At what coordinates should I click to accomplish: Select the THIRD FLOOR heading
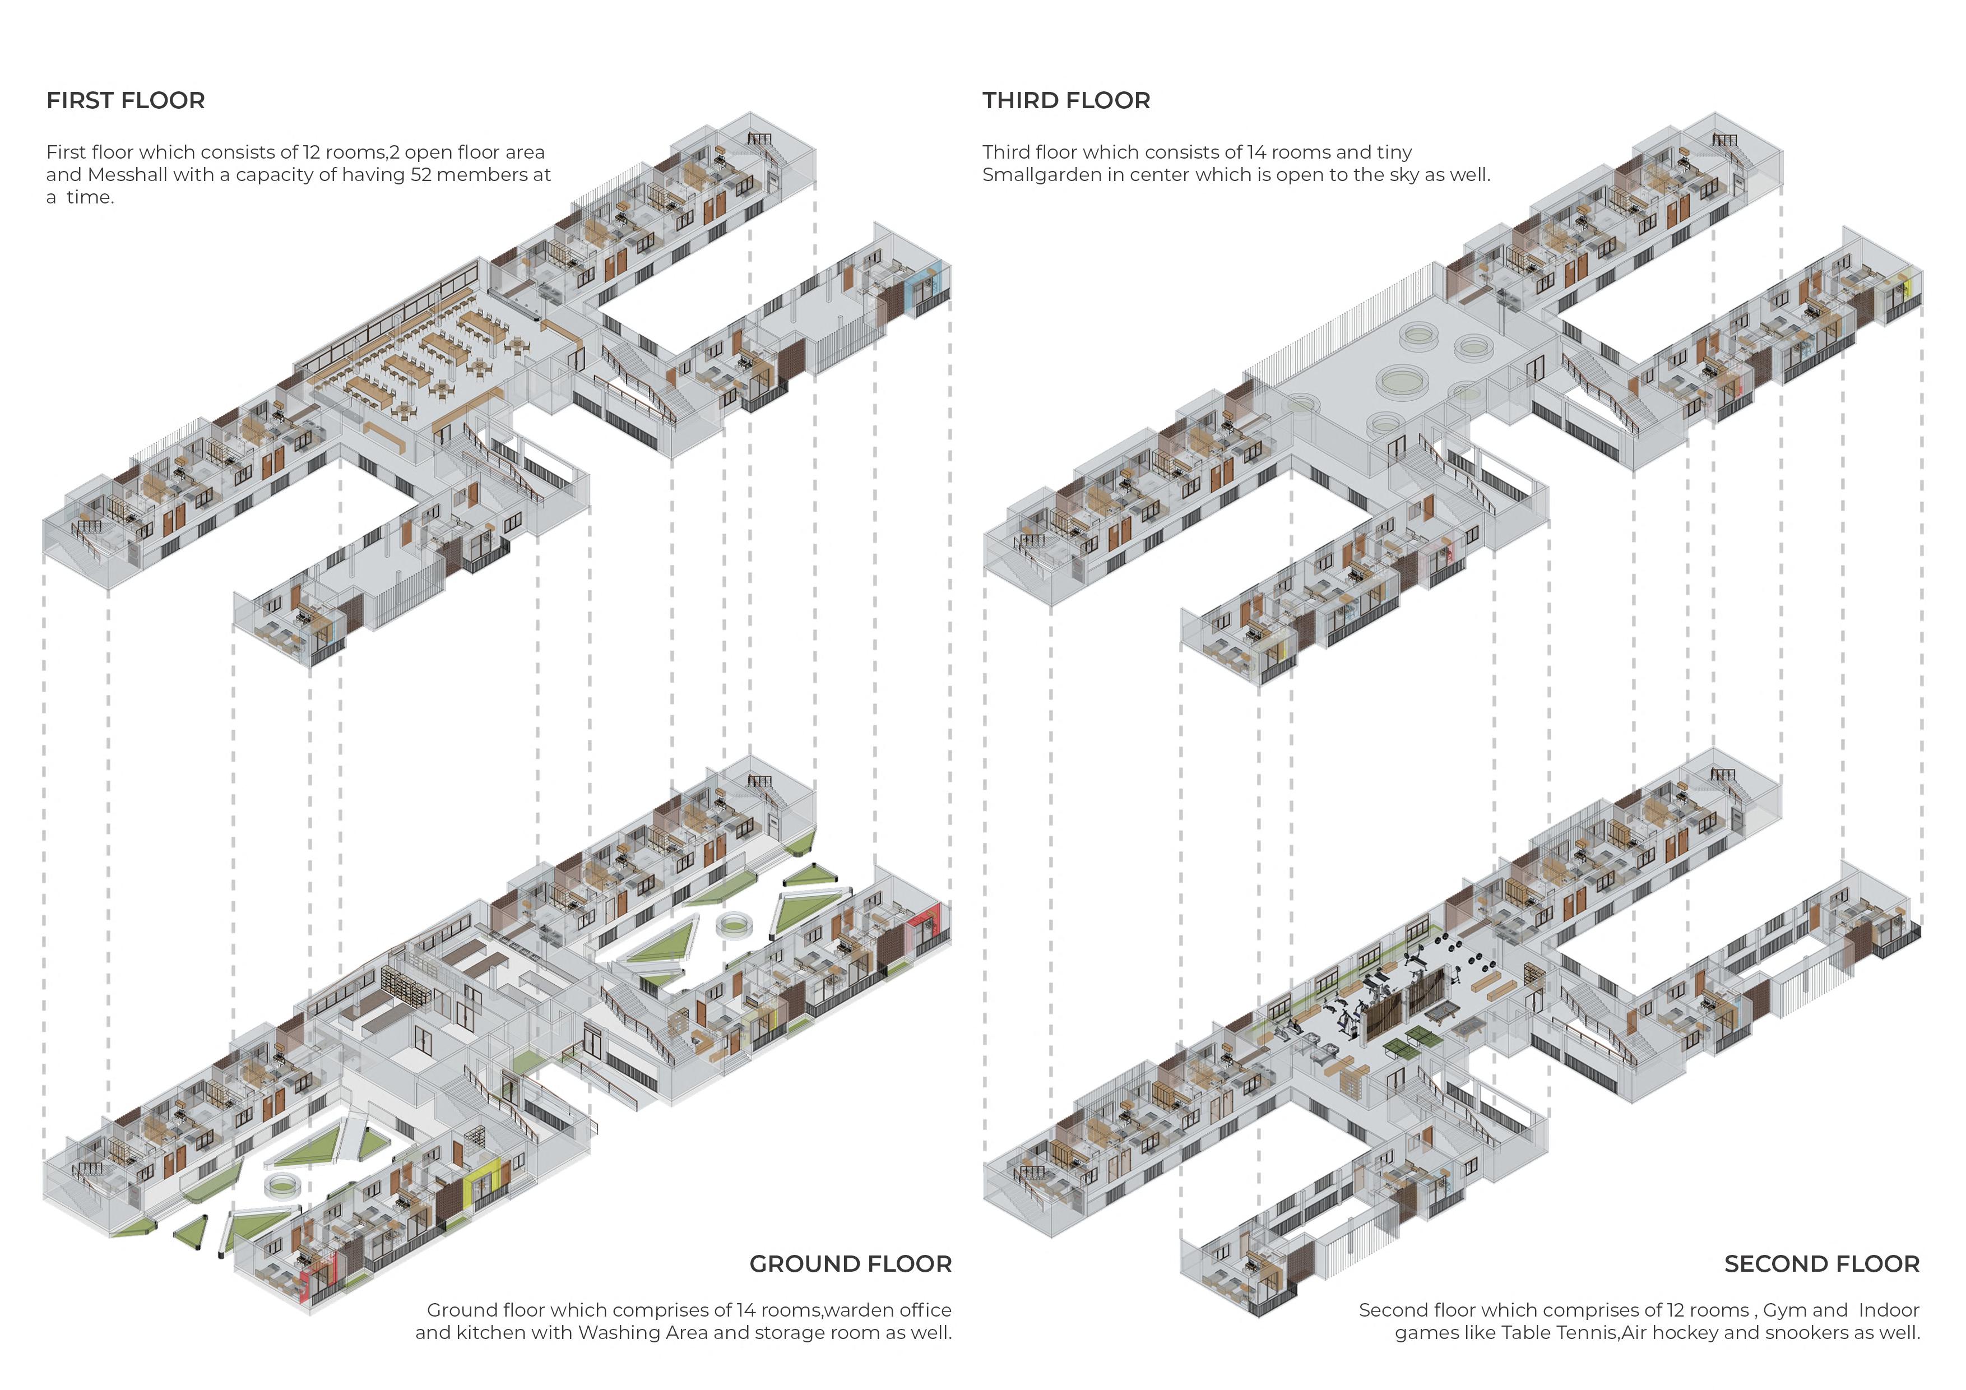pos(1066,100)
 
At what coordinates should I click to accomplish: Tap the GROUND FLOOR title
pos(850,1264)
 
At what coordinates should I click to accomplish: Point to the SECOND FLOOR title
pos(1821,1264)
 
